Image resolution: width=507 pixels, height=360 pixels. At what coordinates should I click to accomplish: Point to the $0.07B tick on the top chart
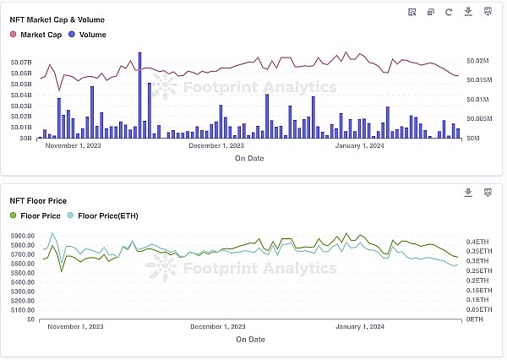[21, 63]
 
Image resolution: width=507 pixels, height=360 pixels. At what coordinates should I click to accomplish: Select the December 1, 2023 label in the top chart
[217, 145]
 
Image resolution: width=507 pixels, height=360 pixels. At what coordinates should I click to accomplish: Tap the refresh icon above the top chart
[448, 12]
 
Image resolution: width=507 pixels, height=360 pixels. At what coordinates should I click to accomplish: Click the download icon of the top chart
[468, 12]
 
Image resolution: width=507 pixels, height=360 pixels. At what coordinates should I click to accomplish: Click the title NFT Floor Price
[38, 201]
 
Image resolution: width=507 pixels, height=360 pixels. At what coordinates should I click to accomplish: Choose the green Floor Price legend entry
[35, 215]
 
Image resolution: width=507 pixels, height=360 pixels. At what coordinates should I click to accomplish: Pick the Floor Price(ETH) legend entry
[102, 215]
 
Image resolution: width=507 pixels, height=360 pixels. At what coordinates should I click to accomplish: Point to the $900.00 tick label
[22, 236]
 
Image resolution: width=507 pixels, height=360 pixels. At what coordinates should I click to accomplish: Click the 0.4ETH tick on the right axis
[476, 241]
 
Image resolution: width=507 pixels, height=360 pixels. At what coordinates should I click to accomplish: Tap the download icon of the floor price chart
[468, 193]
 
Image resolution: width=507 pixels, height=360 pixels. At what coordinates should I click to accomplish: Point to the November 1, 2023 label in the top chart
[73, 145]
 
